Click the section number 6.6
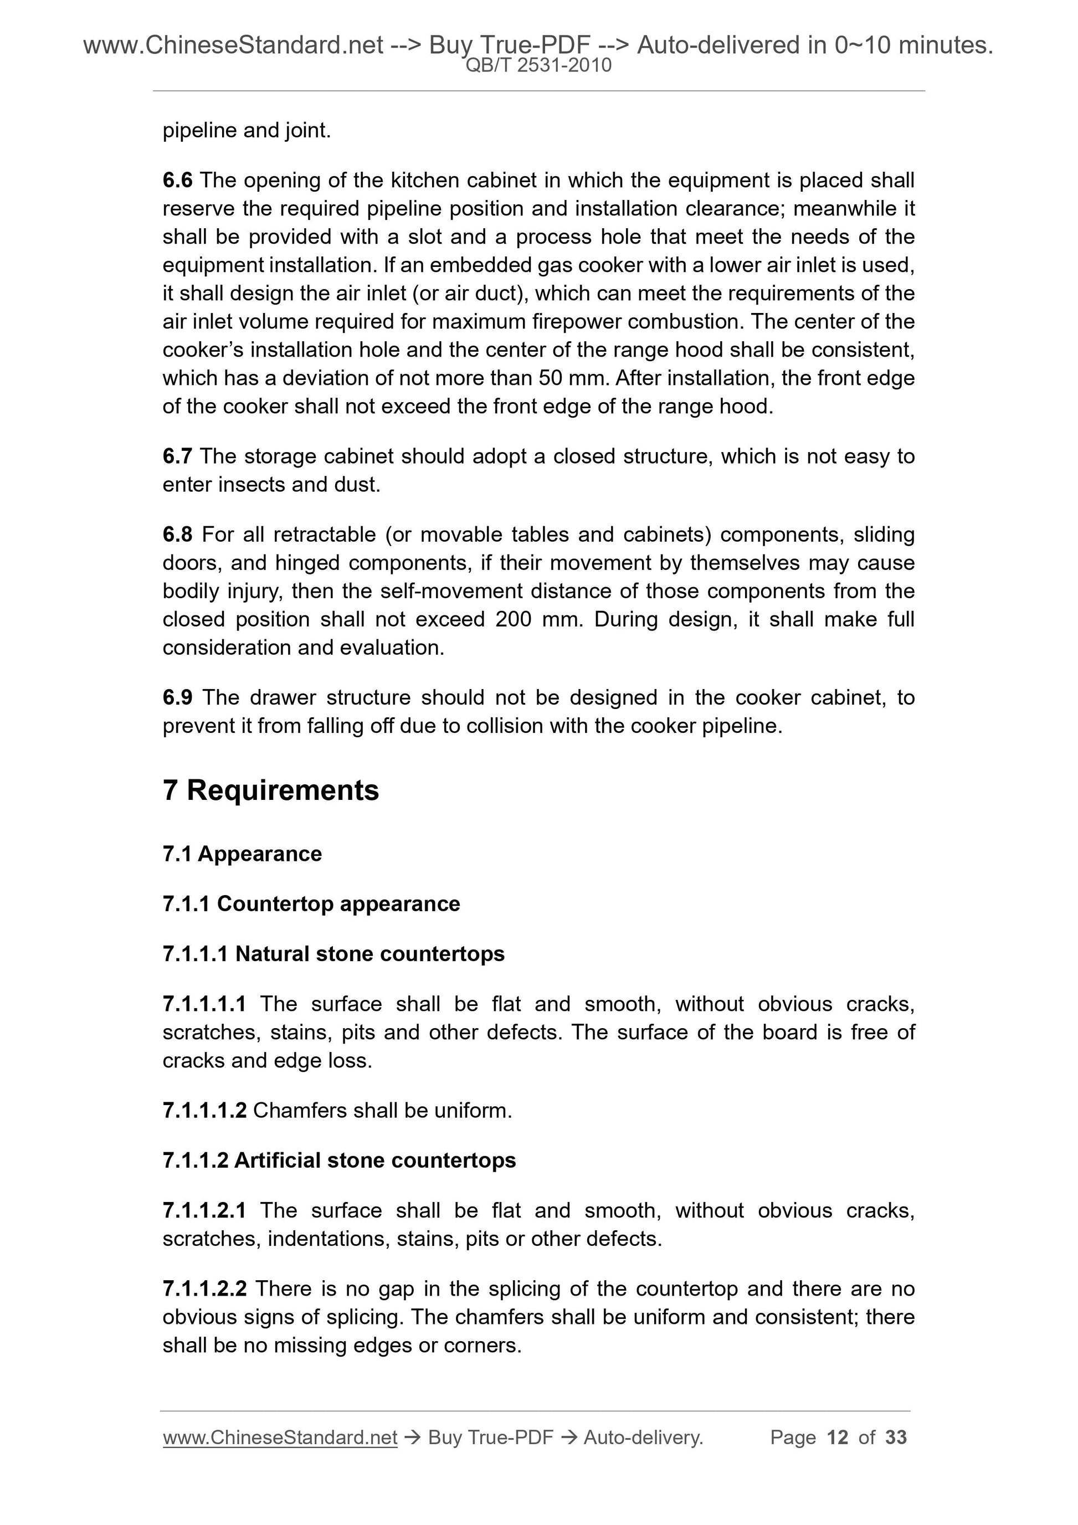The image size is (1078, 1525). click(177, 180)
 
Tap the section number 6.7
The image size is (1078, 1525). click(177, 456)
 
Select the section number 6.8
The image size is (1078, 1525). click(177, 534)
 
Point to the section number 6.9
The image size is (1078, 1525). click(177, 697)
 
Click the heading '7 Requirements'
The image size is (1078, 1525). click(270, 790)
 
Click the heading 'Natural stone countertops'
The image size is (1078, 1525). click(370, 954)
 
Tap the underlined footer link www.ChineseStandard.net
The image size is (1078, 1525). click(280, 1437)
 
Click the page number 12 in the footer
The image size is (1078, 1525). click(838, 1437)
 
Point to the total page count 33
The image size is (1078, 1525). click(896, 1437)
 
